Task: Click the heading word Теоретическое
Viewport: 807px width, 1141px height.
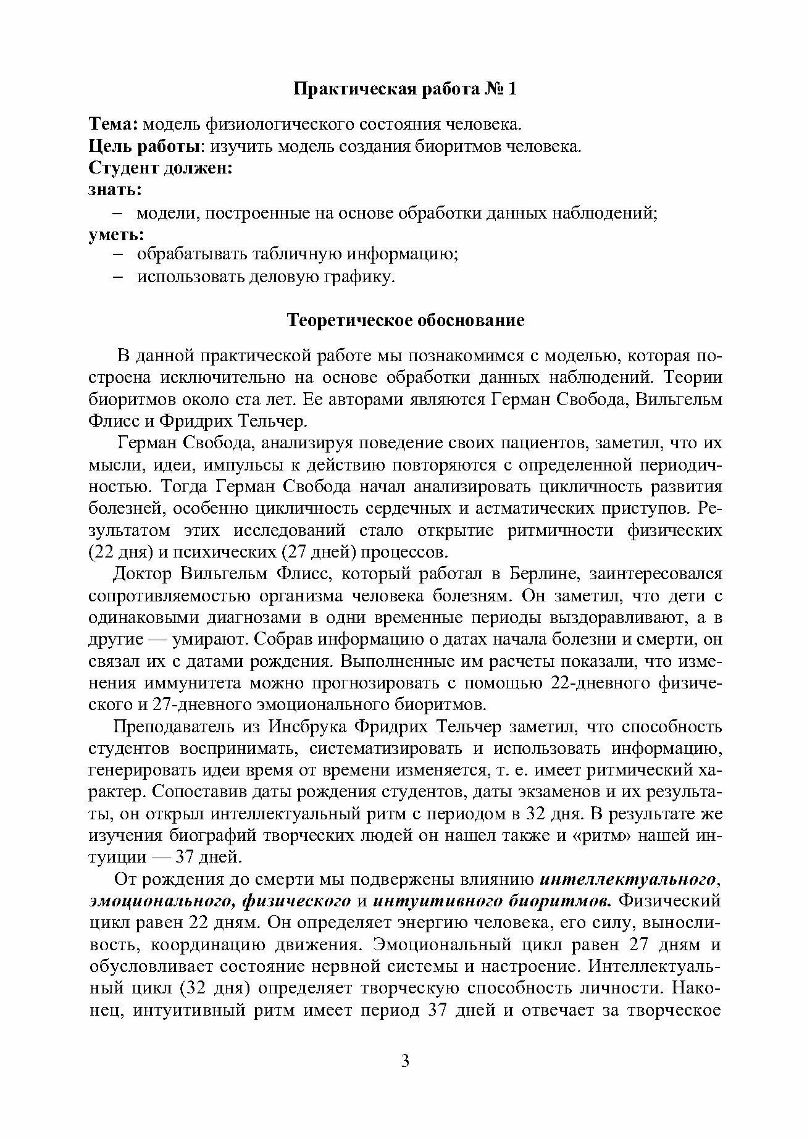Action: point(350,320)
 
